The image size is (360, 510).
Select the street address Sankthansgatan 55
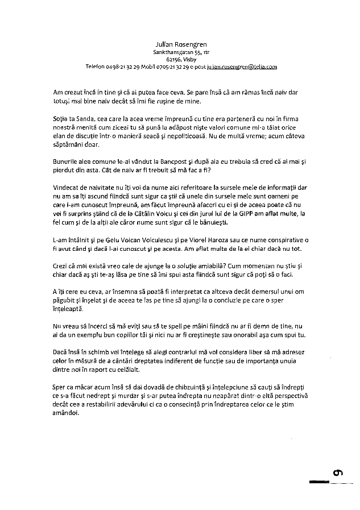tap(177, 52)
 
